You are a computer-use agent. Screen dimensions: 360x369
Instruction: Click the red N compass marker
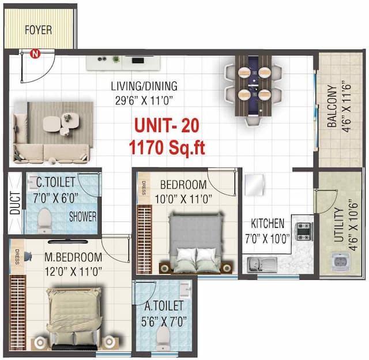(x=35, y=55)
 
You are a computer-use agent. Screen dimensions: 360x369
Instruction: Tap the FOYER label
(x=38, y=29)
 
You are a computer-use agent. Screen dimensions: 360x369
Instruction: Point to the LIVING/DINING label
(x=144, y=87)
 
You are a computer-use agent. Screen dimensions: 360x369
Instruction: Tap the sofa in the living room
(x=52, y=133)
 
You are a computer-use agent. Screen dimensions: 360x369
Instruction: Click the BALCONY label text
(x=333, y=107)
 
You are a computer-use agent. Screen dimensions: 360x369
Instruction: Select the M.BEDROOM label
(x=73, y=257)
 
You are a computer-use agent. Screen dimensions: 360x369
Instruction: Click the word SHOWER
(x=82, y=217)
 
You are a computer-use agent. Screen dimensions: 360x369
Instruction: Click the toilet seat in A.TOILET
(x=164, y=340)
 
